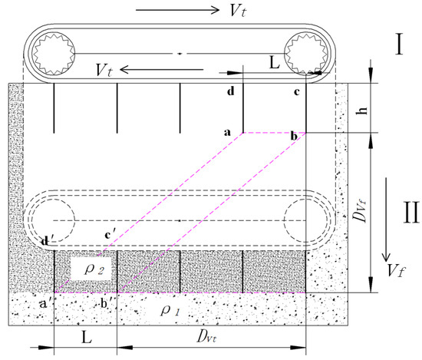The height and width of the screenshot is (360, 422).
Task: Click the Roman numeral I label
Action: click(399, 45)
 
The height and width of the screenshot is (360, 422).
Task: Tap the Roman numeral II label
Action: click(411, 212)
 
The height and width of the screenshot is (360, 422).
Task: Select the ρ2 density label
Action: click(94, 269)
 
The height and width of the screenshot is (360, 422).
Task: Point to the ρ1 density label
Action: click(170, 310)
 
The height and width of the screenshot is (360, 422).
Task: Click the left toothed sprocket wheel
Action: click(54, 54)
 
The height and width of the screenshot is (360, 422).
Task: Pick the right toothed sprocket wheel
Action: click(306, 54)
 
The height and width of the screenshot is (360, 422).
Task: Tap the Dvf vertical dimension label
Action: click(361, 212)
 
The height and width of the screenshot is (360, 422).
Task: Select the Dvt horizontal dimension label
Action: click(206, 336)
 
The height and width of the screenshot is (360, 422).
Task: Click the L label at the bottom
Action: click(87, 337)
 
